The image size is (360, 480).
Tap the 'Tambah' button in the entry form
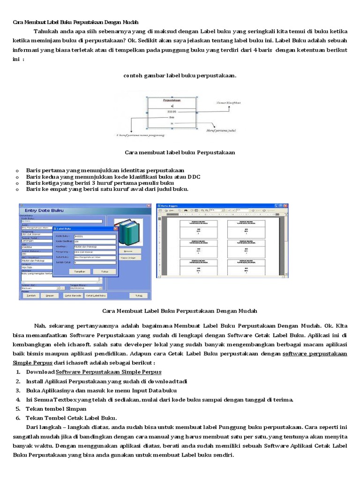click(x=30, y=296)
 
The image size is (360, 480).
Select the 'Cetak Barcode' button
click(x=73, y=296)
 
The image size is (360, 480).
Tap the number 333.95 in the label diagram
click(x=171, y=112)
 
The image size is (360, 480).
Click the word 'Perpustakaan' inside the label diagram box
click(x=172, y=100)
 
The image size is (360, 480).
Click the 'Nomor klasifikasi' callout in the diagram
click(x=228, y=102)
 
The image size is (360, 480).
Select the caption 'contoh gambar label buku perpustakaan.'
click(x=180, y=75)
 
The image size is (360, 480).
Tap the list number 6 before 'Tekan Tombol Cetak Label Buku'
click(x=18, y=417)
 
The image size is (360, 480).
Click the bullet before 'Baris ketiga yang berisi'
click(x=17, y=183)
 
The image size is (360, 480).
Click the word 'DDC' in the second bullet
click(x=194, y=176)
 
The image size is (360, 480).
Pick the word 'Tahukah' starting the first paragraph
click(x=45, y=31)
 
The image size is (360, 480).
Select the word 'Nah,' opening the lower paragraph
click(x=40, y=325)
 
